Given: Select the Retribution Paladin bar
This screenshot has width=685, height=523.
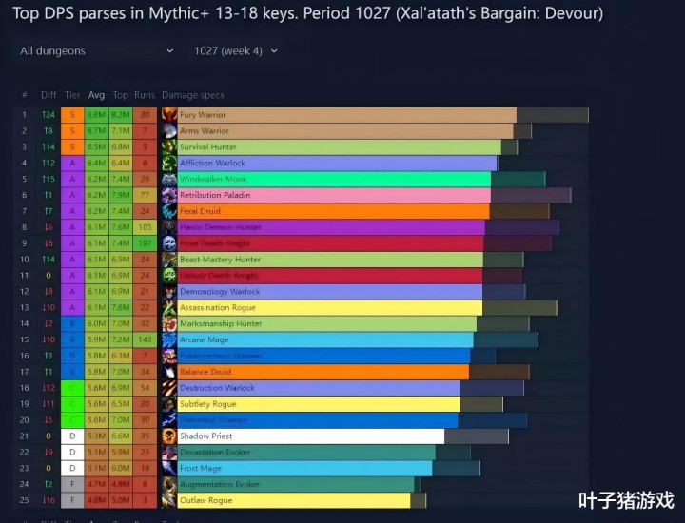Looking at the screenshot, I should pos(333,195).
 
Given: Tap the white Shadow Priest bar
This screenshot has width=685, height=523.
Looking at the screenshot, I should pos(310,436).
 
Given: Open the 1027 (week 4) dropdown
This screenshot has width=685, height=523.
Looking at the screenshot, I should pos(236,50).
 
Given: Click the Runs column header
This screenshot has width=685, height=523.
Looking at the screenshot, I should pos(145,95).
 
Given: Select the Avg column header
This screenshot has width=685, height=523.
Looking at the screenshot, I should pos(96,95).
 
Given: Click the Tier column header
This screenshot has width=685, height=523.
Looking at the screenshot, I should pos(72,95).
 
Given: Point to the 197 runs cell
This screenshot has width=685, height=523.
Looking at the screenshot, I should pos(145,243).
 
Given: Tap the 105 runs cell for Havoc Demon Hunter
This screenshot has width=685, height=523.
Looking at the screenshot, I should pos(145,227).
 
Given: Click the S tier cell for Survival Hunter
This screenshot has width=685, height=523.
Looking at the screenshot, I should pos(72,147).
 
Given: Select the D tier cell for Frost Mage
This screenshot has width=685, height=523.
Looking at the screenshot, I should pos(72,468).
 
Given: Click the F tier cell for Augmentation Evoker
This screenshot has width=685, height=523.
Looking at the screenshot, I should pos(72,484).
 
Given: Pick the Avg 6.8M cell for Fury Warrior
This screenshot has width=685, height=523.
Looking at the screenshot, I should pos(96,115).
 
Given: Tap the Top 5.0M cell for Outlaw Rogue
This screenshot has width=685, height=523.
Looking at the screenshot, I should pos(121,500).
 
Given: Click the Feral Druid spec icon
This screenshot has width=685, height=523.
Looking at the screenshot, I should pos(169,211).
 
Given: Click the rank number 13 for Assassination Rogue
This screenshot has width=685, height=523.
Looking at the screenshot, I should pos(25,307).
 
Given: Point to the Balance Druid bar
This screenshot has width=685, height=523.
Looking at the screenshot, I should pos(323,372).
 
